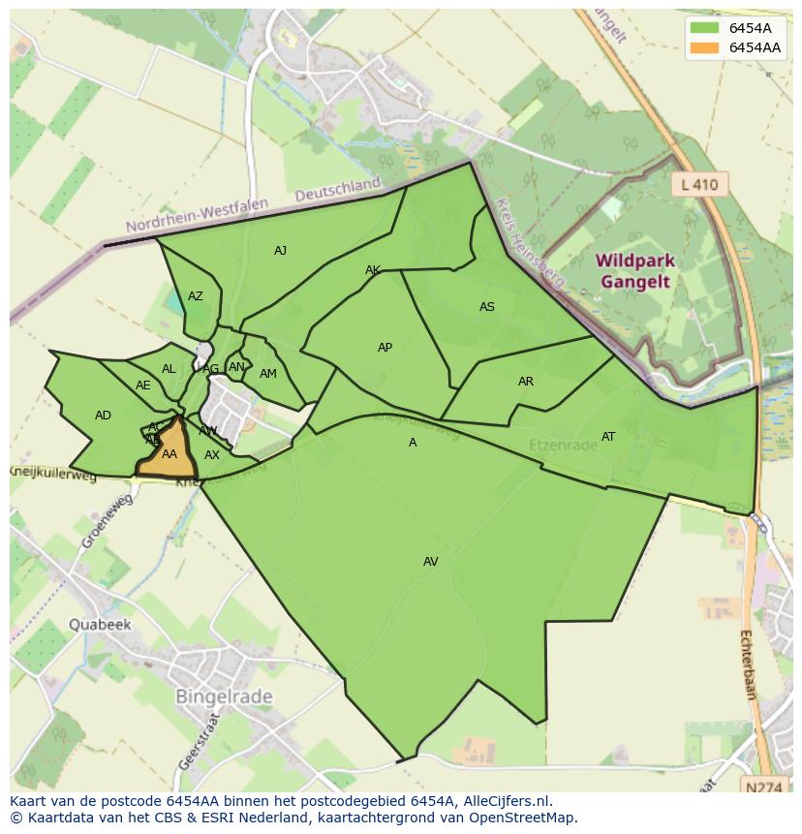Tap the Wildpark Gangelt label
click(635, 272)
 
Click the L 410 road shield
click(699, 184)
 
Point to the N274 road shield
click(765, 788)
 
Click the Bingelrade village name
click(224, 696)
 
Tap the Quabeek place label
click(99, 625)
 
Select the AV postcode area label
click(431, 562)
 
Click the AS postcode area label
click(487, 307)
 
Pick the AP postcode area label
click(385, 348)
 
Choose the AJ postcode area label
click(280, 251)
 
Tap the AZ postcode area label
click(196, 296)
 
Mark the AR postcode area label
click(526, 382)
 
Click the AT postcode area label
click(608, 437)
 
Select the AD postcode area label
click(103, 416)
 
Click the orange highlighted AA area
click(169, 455)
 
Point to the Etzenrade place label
click(563, 446)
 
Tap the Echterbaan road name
click(747, 664)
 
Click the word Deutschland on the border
click(338, 189)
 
